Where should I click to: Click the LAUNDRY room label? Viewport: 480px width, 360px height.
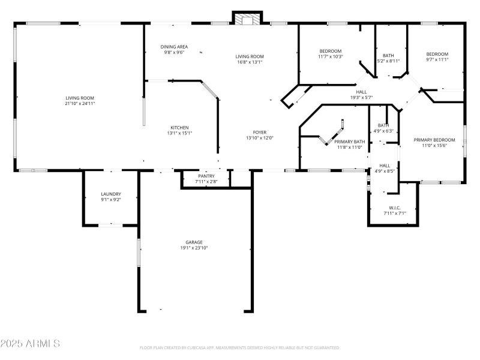point(111,194)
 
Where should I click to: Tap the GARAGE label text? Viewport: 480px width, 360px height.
point(193,242)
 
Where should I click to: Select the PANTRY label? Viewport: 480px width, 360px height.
point(206,176)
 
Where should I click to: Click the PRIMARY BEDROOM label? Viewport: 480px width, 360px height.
point(434,140)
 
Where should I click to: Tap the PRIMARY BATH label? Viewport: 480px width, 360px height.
point(347,142)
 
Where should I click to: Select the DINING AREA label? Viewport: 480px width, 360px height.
point(174,47)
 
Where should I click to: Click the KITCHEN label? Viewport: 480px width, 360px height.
point(179,127)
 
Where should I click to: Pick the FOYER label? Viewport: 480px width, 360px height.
point(259,132)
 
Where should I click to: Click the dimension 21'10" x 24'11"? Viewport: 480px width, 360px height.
point(80,103)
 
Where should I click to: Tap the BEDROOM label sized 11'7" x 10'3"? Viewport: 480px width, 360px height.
point(330,51)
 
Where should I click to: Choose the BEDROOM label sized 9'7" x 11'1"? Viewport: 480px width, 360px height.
point(437,54)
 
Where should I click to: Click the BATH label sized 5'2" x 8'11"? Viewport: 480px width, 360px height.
point(388,55)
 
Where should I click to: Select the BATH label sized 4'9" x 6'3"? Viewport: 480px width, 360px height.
point(383,125)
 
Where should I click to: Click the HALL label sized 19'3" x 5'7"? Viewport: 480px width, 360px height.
point(362,92)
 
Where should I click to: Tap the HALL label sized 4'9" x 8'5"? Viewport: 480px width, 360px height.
point(385,166)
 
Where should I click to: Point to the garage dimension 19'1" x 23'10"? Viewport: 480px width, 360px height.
point(193,248)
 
